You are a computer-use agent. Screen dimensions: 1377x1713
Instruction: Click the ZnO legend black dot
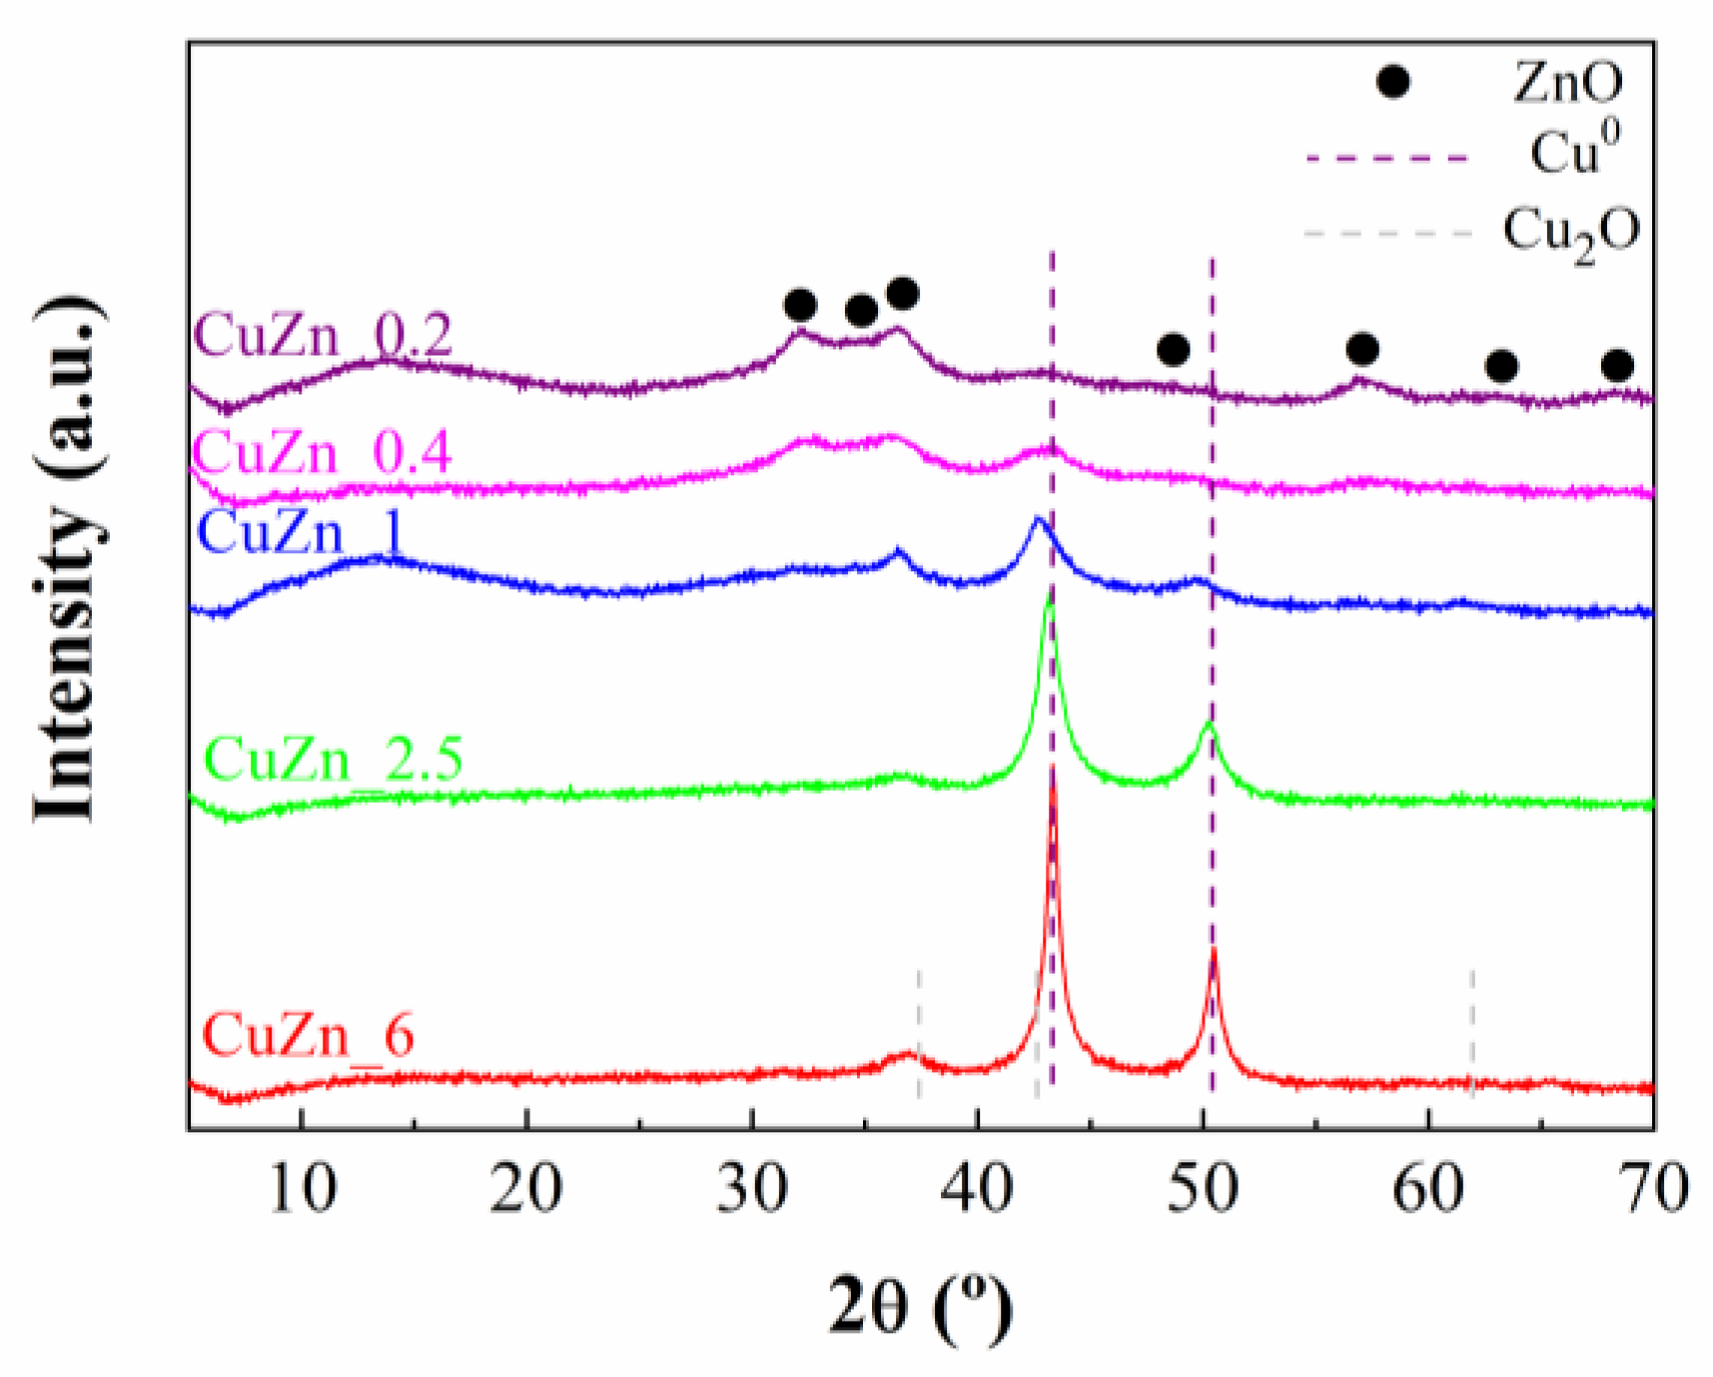1392,82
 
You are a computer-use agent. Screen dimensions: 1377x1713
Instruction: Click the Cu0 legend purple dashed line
1387,158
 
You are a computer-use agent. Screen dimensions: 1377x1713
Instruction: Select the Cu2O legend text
1570,234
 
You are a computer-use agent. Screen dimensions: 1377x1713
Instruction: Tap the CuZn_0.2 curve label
323,336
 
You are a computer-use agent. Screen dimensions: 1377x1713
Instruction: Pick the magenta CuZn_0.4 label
322,452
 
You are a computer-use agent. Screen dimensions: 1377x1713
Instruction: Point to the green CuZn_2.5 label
334,759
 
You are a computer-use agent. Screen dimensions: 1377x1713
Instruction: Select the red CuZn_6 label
308,1035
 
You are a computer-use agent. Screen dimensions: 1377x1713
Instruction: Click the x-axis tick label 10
302,1188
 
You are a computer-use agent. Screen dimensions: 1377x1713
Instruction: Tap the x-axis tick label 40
978,1188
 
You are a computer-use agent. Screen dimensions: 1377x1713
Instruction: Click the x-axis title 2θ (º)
920,1306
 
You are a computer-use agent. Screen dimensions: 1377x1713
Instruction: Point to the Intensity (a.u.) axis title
68,559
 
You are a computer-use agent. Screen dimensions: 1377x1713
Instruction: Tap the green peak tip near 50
1209,723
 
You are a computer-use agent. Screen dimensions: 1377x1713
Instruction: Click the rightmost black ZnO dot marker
1617,365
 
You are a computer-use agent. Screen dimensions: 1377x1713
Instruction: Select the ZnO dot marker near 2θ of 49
1173,350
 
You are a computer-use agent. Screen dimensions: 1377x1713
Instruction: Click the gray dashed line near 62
1471,1029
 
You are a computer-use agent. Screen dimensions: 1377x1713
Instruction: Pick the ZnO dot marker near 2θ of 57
1362,349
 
